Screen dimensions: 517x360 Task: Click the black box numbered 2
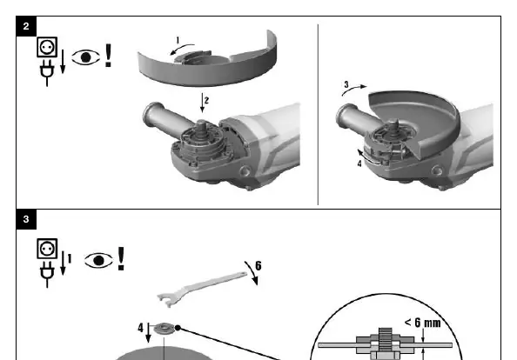pyautogui.click(x=26, y=26)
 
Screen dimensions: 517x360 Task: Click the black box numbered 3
pyautogui.click(x=26, y=219)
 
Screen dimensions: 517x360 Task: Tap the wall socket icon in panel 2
pyautogui.click(x=47, y=47)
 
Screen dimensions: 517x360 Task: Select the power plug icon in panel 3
pyautogui.click(x=47, y=275)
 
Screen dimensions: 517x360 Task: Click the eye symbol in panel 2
pyautogui.click(x=85, y=57)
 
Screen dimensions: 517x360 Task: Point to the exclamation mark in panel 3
pyautogui.click(x=121, y=259)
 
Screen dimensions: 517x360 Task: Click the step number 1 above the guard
pyautogui.click(x=178, y=41)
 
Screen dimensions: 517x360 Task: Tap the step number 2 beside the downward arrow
pyautogui.click(x=206, y=100)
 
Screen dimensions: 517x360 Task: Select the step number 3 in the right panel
pyautogui.click(x=346, y=84)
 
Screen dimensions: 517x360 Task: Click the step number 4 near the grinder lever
pyautogui.click(x=359, y=163)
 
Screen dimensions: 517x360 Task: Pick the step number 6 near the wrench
pyautogui.click(x=258, y=266)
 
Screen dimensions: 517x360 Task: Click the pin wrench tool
pyautogui.click(x=202, y=289)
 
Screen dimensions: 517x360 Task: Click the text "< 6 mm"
pyautogui.click(x=422, y=323)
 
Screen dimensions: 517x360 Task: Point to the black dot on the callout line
pyautogui.click(x=178, y=328)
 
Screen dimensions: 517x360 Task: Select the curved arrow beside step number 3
pyautogui.click(x=354, y=90)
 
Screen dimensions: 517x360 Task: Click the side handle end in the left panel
pyautogui.click(x=151, y=113)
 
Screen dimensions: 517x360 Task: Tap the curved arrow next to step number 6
pyautogui.click(x=252, y=272)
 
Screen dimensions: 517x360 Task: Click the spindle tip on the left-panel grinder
pyautogui.click(x=201, y=123)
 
